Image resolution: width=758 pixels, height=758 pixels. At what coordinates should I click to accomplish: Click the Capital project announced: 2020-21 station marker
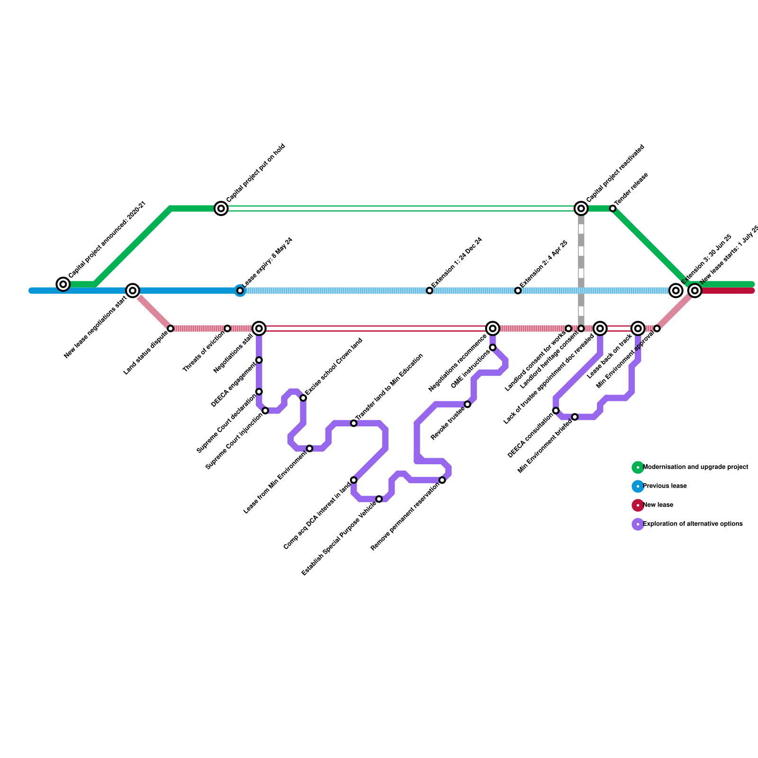click(x=63, y=284)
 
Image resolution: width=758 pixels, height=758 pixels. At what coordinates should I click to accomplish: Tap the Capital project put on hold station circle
click(x=221, y=208)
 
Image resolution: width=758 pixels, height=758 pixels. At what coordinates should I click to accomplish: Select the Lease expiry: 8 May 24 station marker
click(x=240, y=290)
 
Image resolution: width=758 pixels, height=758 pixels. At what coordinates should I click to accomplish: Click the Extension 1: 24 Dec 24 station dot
click(x=429, y=290)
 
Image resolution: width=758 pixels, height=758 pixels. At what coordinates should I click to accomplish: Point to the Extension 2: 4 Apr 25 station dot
click(x=518, y=290)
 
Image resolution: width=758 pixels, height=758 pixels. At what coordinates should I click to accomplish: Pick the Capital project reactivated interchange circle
click(x=581, y=208)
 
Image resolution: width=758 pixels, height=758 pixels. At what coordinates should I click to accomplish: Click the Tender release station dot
click(x=613, y=208)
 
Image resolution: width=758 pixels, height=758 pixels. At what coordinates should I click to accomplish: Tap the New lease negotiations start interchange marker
click(x=133, y=290)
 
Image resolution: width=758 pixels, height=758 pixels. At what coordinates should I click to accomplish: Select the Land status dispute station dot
click(x=171, y=328)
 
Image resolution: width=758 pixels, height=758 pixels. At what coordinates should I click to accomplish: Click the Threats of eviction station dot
click(x=227, y=328)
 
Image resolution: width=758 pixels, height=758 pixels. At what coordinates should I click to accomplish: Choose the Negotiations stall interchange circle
click(x=259, y=328)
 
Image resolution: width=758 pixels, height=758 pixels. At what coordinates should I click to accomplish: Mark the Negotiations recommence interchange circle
click(x=493, y=328)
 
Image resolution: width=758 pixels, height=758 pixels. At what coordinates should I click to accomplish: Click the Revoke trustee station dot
click(x=468, y=404)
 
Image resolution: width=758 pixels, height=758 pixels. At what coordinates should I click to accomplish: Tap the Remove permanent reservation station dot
click(x=442, y=480)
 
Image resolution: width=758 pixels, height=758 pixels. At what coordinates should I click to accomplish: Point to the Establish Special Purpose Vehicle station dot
click(x=379, y=499)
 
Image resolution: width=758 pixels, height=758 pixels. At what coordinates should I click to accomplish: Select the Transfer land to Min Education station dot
click(x=353, y=423)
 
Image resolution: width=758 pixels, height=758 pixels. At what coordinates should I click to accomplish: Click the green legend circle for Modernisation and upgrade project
click(x=638, y=467)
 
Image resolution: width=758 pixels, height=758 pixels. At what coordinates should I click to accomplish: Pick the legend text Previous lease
click(x=665, y=486)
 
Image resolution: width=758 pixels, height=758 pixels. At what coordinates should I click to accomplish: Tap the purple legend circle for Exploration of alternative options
click(x=638, y=524)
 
